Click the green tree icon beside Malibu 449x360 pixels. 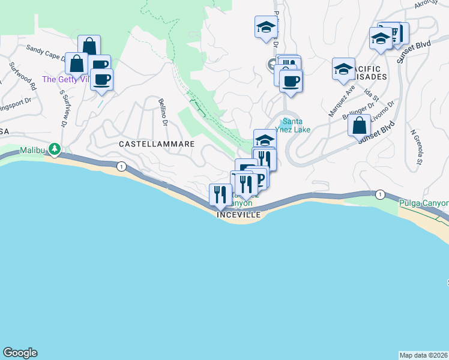tap(55, 148)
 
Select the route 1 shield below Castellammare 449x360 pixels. tap(122, 167)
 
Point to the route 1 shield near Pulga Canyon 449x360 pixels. tap(380, 194)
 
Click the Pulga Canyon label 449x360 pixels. tap(424, 203)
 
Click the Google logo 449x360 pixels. tap(20, 353)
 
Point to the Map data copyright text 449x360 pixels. tap(424, 355)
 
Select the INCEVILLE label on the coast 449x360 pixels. tap(239, 214)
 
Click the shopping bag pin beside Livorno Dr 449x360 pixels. tap(359, 125)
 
